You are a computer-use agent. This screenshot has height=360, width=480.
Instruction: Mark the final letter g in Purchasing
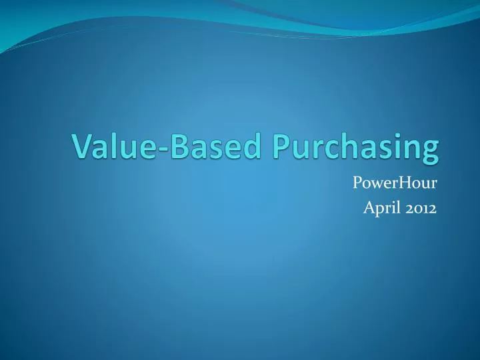click(x=431, y=152)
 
